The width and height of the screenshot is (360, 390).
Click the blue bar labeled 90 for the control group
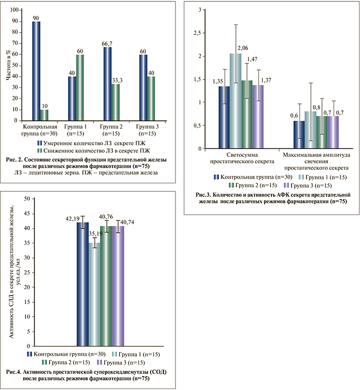(36, 71)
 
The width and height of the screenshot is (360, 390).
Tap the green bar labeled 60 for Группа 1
(79, 88)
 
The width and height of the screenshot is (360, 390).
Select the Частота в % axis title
(7, 65)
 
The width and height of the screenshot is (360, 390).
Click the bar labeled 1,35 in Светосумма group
(224, 117)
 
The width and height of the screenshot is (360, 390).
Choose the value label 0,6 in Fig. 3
(295, 116)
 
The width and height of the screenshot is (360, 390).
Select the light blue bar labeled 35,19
(94, 295)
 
